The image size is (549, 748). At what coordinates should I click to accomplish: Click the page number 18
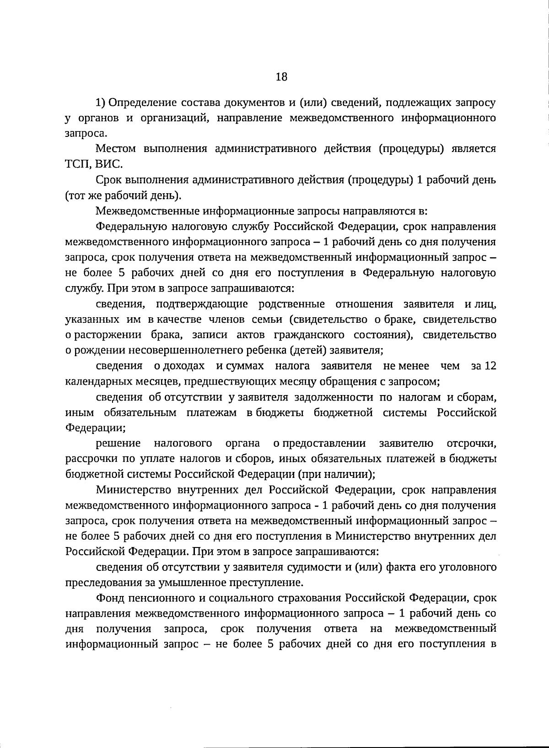coord(281,77)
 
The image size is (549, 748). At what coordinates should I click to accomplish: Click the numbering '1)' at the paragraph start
coord(101,102)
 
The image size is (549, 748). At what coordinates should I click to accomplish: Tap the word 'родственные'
coord(291,304)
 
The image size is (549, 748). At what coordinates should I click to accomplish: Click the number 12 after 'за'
coord(490,366)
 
